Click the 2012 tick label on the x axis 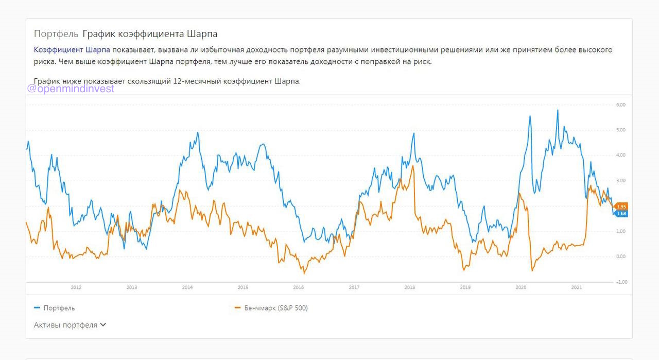point(76,287)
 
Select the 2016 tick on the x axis point(298,287)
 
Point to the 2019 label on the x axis point(465,287)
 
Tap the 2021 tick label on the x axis point(577,287)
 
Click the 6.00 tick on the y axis point(620,105)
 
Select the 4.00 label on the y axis point(620,155)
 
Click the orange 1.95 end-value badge point(621,206)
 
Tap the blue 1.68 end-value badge point(621,214)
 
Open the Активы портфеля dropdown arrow point(103,325)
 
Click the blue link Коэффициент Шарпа point(72,50)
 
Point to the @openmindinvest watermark point(71,89)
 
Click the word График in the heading point(99,34)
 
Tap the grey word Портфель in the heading point(56,34)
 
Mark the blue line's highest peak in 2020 point(558,110)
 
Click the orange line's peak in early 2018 point(413,166)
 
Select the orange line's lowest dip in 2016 point(304,272)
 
